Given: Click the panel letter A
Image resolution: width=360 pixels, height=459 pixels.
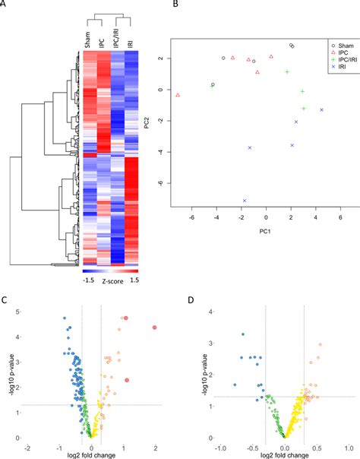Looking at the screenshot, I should tap(5, 5).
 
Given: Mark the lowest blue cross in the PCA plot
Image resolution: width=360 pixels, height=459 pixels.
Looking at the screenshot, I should tap(245, 201).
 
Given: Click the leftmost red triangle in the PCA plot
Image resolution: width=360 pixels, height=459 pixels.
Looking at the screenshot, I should tap(178, 95).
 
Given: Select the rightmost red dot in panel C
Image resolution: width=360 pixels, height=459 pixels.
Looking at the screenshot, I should tap(154, 327).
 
